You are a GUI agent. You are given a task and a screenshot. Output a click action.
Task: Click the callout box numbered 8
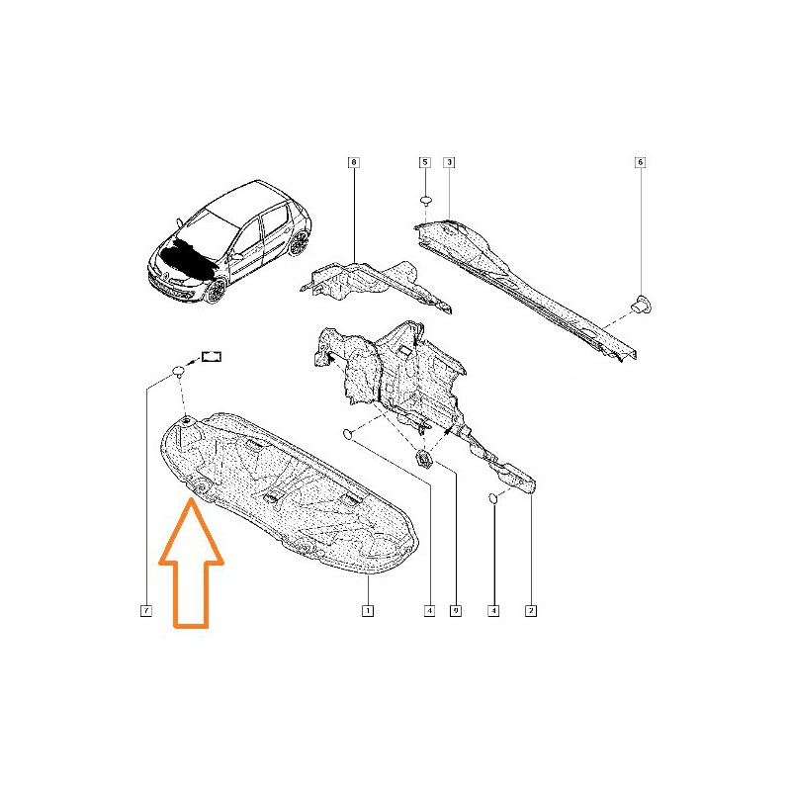pos(354,162)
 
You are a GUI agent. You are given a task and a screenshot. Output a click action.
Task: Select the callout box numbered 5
pos(425,162)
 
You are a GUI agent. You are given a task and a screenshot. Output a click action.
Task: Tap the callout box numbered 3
pos(449,162)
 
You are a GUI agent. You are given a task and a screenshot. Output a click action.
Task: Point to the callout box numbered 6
pos(640,162)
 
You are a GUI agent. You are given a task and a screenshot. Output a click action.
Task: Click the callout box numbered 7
pos(145,611)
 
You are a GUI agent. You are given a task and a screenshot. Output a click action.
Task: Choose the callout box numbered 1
pos(368,611)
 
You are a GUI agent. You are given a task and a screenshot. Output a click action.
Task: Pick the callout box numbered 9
pos(456,611)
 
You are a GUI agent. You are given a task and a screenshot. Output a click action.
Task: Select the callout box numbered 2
pos(531,611)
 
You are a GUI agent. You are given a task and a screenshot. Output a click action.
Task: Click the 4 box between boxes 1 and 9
pos(429,611)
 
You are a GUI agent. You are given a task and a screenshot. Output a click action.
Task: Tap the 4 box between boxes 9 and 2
pos(493,611)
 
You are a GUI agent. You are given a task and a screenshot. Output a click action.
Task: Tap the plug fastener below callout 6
pos(641,304)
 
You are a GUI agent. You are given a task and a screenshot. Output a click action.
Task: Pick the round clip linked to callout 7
pos(179,372)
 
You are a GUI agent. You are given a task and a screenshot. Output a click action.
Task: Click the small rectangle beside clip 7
pos(212,357)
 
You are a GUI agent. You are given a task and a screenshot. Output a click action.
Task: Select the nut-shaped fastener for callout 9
pos(423,459)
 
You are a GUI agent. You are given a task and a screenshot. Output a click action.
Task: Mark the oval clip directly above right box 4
pos(492,498)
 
